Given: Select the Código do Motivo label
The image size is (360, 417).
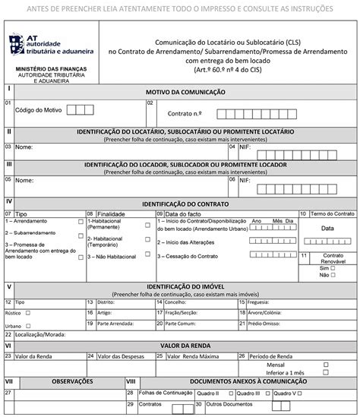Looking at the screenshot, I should click(x=37, y=110).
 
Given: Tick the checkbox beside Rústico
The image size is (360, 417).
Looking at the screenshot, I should click(x=28, y=312).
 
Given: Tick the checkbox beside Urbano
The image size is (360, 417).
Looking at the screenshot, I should click(x=28, y=324).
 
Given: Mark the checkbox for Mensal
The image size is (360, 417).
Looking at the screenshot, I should click(x=327, y=363).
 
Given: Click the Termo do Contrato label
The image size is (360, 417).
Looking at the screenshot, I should click(x=332, y=214).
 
